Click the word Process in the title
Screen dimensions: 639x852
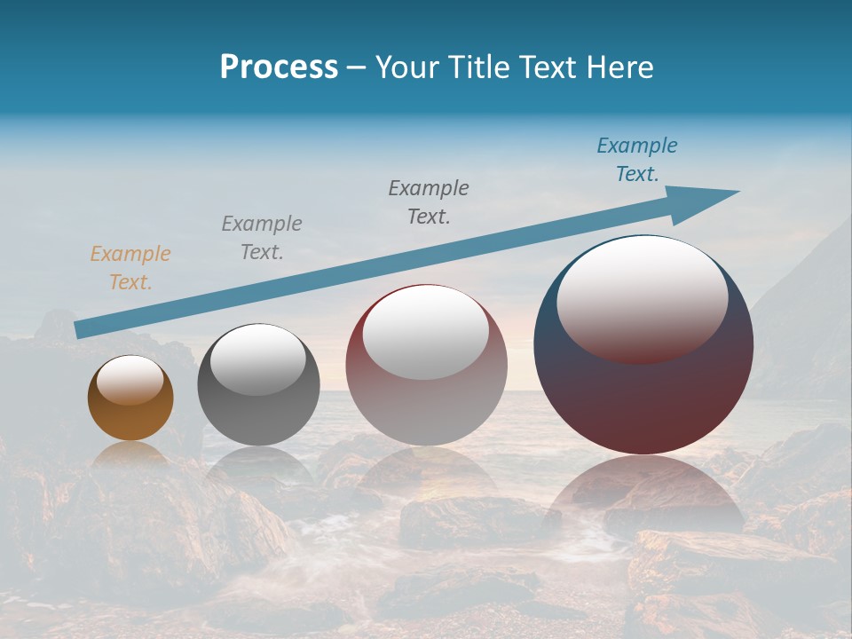coord(279,67)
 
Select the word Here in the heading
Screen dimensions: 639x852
coord(620,67)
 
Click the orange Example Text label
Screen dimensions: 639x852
coord(130,268)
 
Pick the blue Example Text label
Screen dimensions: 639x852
coord(637,160)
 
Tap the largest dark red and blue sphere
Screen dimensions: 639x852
coord(643,390)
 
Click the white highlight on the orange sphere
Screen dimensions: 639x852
coord(130,381)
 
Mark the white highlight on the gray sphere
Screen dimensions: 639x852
coord(258,359)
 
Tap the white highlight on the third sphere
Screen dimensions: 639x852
coord(426,331)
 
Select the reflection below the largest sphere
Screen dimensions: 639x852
coord(643,493)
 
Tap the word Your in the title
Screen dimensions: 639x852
coord(404,67)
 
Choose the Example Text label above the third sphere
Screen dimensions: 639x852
coord(429,202)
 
